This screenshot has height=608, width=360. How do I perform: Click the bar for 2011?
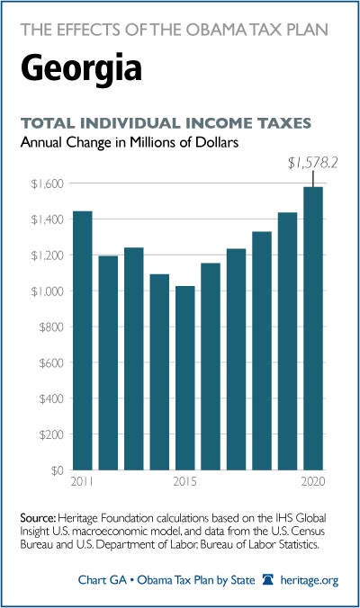[83, 341]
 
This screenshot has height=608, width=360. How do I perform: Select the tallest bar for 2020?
[313, 328]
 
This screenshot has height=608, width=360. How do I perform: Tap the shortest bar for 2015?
[185, 378]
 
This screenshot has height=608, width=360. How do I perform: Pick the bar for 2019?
[287, 341]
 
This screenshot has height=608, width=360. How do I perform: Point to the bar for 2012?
[108, 363]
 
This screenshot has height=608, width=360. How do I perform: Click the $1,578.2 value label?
[312, 164]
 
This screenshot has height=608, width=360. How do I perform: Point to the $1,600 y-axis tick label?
[47, 183]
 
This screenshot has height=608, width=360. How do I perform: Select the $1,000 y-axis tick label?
[47, 291]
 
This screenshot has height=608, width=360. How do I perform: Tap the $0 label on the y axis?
[57, 470]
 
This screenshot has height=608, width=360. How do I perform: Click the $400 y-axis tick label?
[51, 399]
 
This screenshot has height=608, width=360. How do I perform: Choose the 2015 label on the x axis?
[185, 481]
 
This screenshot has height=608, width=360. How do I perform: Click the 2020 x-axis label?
[313, 481]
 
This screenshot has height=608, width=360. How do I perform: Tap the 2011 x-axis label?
[82, 481]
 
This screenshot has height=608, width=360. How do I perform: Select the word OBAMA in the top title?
[219, 30]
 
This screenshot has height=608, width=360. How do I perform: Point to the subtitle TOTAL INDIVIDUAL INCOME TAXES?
[166, 123]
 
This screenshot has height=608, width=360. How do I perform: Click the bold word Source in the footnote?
[39, 518]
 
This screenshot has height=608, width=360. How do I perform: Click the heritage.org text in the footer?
[310, 580]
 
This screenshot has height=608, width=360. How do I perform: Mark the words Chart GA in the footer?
[103, 580]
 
